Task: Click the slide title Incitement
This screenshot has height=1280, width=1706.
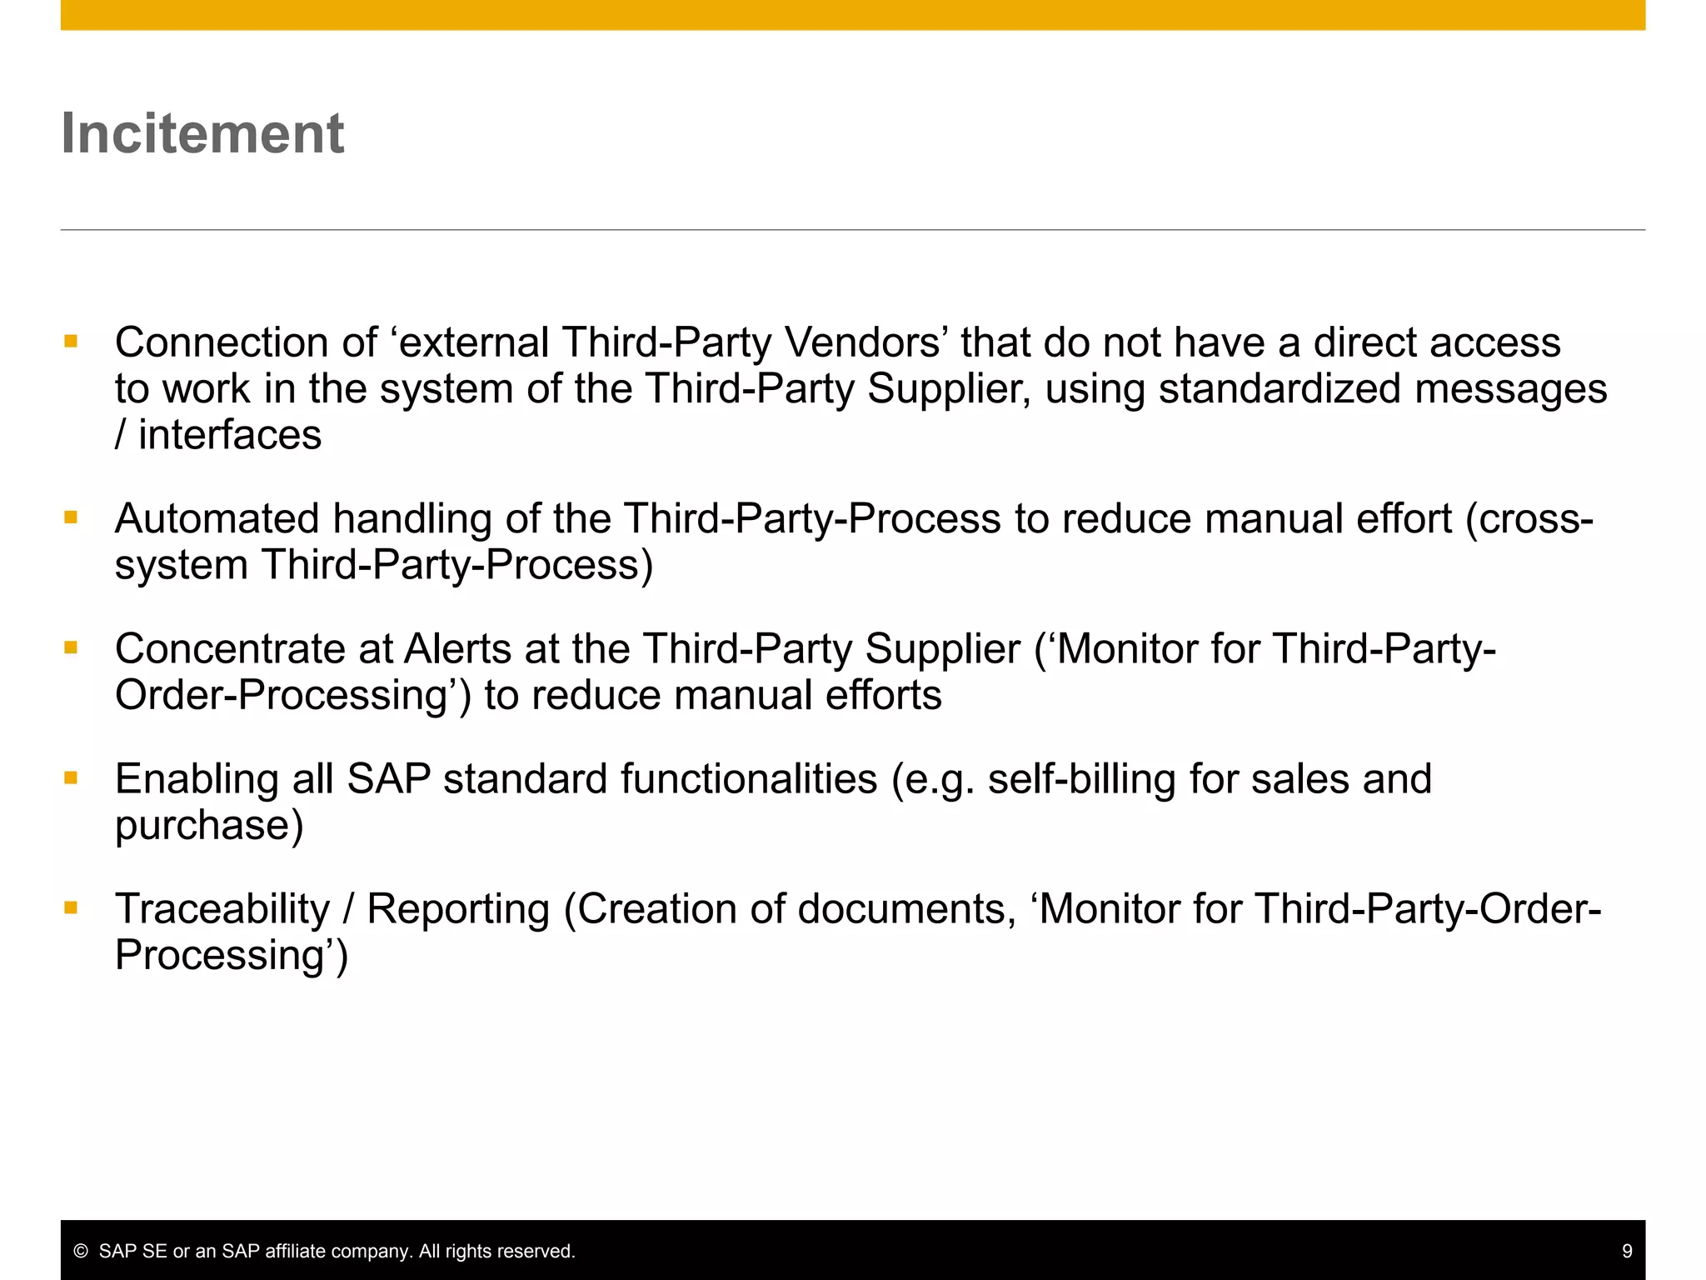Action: click(x=202, y=133)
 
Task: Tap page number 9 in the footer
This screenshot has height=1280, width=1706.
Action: click(x=1627, y=1251)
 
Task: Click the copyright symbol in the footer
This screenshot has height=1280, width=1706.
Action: click(x=81, y=1251)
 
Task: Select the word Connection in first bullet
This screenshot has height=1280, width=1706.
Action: click(x=222, y=342)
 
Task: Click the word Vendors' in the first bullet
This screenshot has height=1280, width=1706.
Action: click(x=866, y=342)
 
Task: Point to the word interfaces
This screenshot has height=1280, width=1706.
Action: click(x=230, y=435)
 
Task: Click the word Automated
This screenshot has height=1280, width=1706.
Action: click(x=217, y=518)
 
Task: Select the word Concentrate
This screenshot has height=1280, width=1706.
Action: click(x=230, y=648)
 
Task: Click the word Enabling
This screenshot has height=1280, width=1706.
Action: click(x=196, y=779)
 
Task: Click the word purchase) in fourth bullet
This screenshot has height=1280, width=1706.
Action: click(x=209, y=825)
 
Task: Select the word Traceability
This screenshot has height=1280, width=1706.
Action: click(x=222, y=909)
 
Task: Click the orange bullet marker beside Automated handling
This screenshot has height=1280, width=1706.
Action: click(x=71, y=517)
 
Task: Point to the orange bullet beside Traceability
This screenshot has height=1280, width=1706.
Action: click(x=71, y=907)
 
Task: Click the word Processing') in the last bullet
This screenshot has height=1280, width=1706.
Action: click(x=231, y=955)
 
